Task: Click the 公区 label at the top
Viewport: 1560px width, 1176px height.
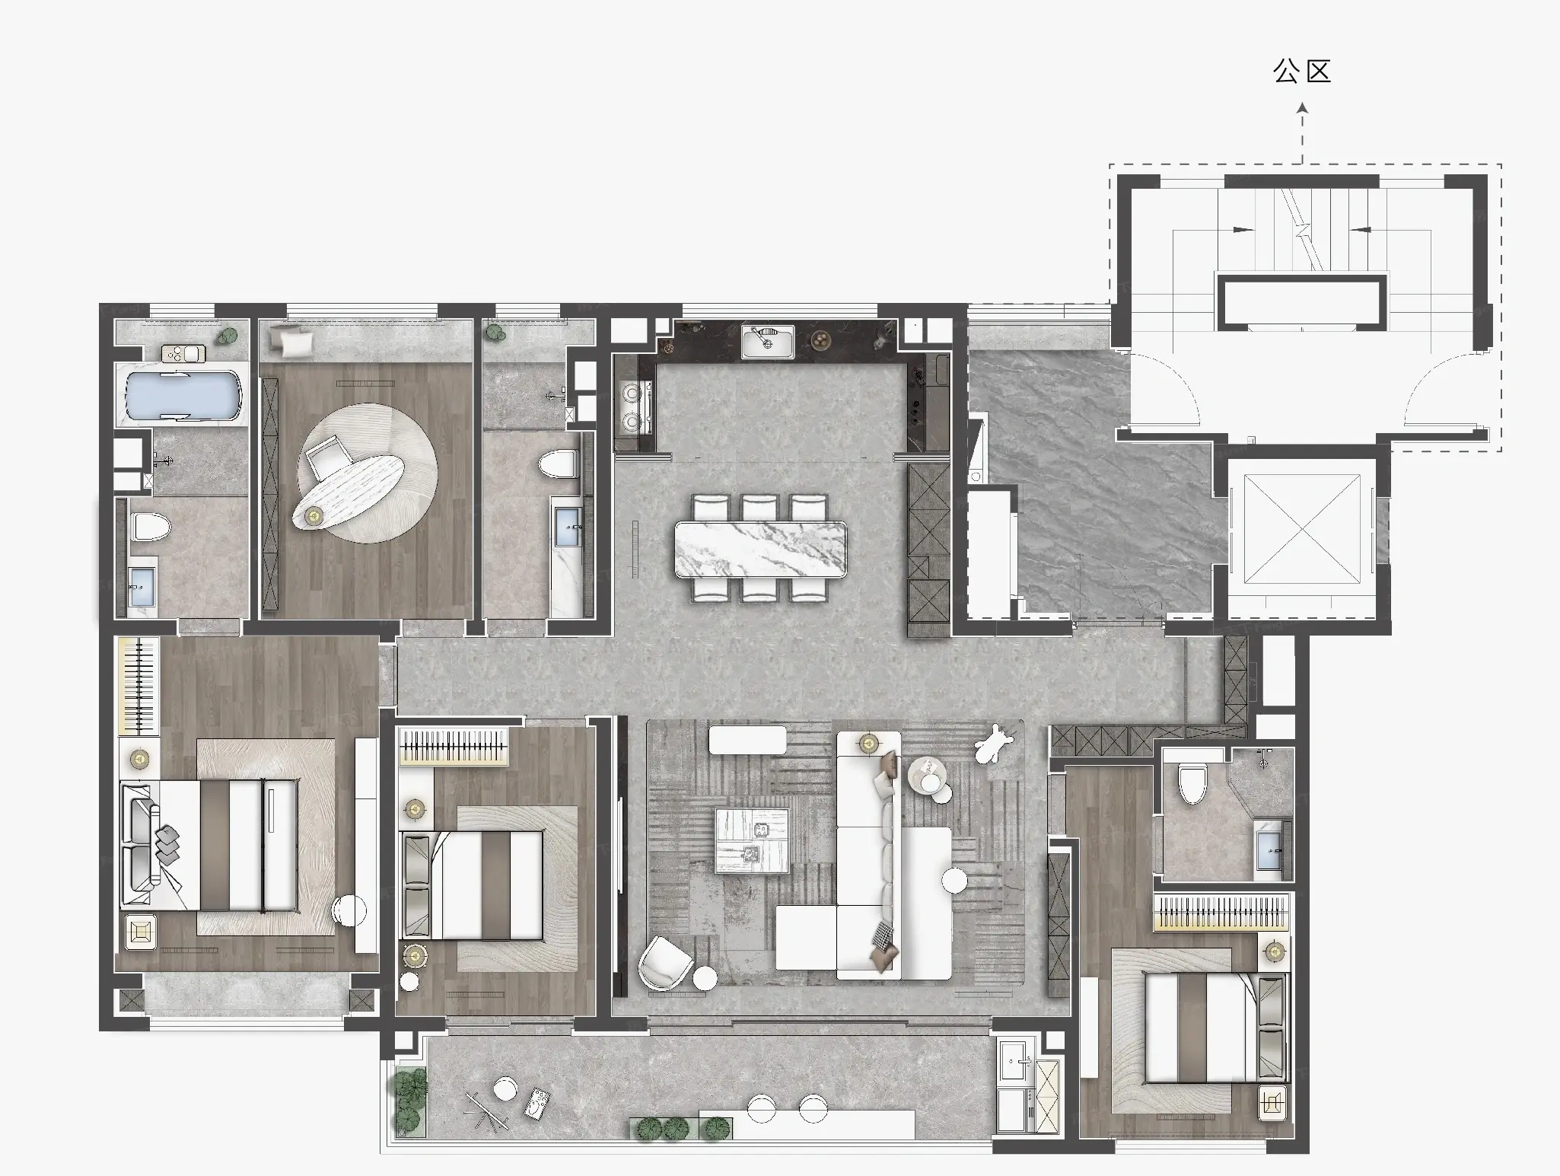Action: tap(1302, 72)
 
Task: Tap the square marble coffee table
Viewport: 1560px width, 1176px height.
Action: tap(752, 841)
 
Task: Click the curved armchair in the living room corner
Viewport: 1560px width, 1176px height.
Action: tap(665, 962)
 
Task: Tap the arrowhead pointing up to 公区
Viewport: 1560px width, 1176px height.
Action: tap(1302, 108)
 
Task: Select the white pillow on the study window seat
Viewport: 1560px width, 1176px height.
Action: tap(292, 339)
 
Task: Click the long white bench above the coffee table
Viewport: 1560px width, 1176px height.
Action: tap(747, 739)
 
